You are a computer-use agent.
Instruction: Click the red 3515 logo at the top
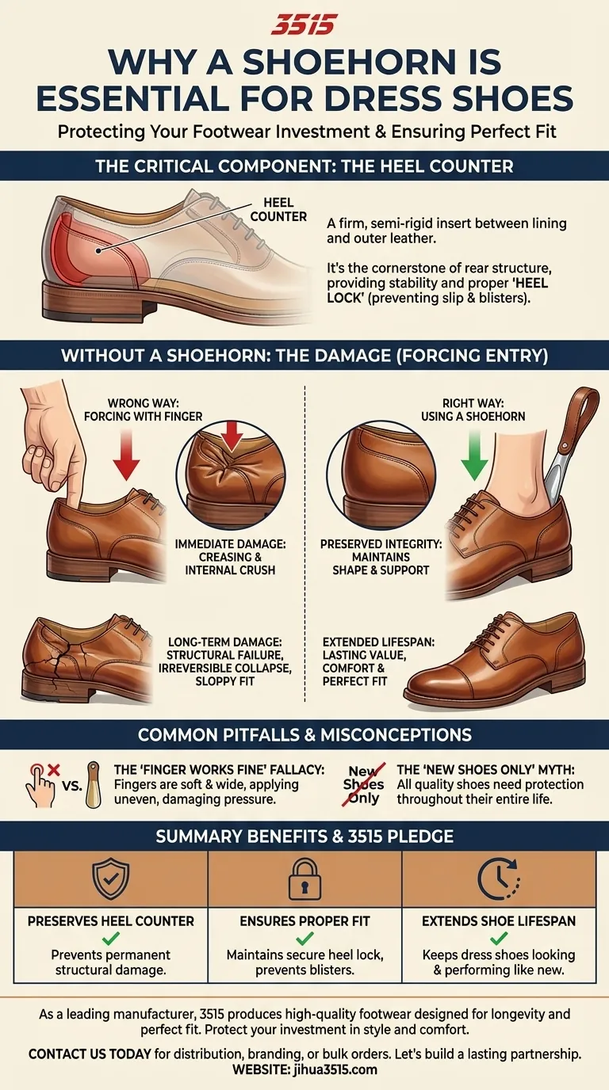(x=304, y=25)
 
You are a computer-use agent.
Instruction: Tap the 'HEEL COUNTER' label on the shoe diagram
(x=278, y=210)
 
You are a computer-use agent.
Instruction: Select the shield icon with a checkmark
(x=110, y=878)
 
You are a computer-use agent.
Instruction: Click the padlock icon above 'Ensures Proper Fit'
(x=304, y=878)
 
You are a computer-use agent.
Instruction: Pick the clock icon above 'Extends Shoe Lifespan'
(x=499, y=878)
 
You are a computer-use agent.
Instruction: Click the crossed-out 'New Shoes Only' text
(x=364, y=783)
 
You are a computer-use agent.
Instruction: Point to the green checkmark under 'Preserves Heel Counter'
(x=111, y=938)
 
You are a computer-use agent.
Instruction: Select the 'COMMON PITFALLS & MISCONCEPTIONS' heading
(x=304, y=734)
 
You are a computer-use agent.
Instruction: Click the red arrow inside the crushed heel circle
(x=232, y=436)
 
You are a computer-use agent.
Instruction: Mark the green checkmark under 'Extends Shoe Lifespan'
(x=499, y=938)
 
